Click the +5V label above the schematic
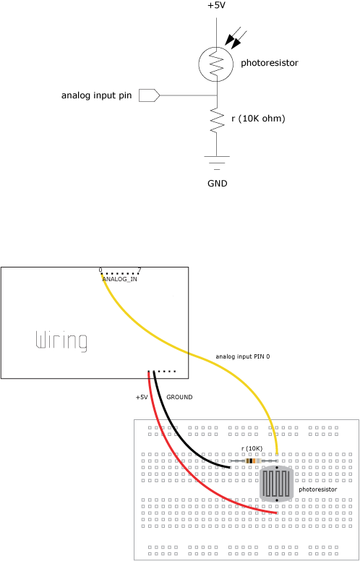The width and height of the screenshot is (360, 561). [x=217, y=6]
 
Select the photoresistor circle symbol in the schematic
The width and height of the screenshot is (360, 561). [x=200, y=64]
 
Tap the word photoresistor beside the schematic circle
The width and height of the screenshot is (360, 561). [x=270, y=64]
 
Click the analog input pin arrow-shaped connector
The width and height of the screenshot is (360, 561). [x=149, y=95]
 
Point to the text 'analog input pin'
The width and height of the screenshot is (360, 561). [x=97, y=95]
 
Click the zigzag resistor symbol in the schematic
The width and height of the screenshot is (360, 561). [x=217, y=119]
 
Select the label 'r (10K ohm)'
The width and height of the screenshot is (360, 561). [x=258, y=119]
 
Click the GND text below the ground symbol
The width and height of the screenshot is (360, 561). [x=217, y=184]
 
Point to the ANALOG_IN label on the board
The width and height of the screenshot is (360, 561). [x=119, y=279]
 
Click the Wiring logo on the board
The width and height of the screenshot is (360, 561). [x=61, y=341]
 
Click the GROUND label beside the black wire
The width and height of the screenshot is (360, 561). [x=180, y=397]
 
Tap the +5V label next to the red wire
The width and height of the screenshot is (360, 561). [x=142, y=397]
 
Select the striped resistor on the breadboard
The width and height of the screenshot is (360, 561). [x=253, y=461]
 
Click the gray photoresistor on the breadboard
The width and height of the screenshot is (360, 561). [x=276, y=483]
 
